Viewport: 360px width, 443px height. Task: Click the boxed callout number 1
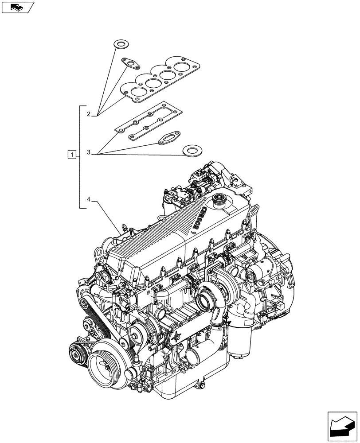(71, 155)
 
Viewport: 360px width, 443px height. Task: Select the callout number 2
(89, 114)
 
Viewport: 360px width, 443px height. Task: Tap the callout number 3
(89, 152)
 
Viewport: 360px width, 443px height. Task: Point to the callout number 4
(89, 200)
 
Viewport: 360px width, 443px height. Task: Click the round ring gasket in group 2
(120, 44)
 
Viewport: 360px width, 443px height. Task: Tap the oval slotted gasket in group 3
(170, 137)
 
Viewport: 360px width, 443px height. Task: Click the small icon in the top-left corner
(18, 7)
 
